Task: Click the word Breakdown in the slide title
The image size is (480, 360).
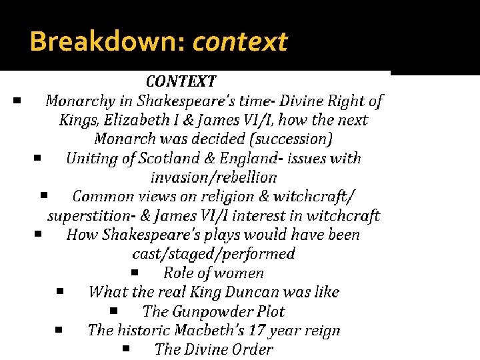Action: (x=108, y=42)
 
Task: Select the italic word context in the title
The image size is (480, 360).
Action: (x=240, y=42)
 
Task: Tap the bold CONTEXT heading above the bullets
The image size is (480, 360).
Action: (x=181, y=82)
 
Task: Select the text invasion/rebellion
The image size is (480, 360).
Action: (x=213, y=177)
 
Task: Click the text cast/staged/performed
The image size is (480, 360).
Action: (x=213, y=254)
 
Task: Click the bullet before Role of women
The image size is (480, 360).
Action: (x=135, y=272)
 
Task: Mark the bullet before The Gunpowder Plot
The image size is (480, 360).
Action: (x=114, y=310)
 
